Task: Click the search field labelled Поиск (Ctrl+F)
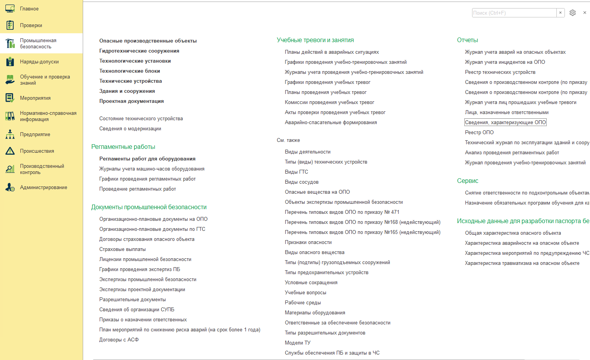pyautogui.click(x=514, y=13)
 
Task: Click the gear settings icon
pyautogui.click(x=573, y=13)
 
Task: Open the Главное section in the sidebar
pyautogui.click(x=29, y=9)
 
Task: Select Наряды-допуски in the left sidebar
pyautogui.click(x=39, y=61)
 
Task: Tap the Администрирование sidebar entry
pyautogui.click(x=43, y=187)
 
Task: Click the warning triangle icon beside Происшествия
pyautogui.click(x=10, y=151)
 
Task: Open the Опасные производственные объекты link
pyautogui.click(x=148, y=41)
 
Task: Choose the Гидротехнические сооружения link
pyautogui.click(x=139, y=51)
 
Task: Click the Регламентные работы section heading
pyautogui.click(x=123, y=147)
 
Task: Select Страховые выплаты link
pyautogui.click(x=122, y=249)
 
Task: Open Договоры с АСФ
pyautogui.click(x=119, y=340)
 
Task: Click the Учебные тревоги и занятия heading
pyautogui.click(x=315, y=40)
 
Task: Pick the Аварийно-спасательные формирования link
pyautogui.click(x=331, y=122)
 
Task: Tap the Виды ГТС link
pyautogui.click(x=296, y=172)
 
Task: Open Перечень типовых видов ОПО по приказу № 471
pyautogui.click(x=342, y=212)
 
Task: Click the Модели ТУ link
pyautogui.click(x=297, y=343)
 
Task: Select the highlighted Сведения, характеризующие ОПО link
pyautogui.click(x=505, y=122)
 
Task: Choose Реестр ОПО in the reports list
pyautogui.click(x=479, y=132)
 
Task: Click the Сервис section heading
pyautogui.click(x=467, y=181)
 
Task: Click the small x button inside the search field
pyautogui.click(x=560, y=13)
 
